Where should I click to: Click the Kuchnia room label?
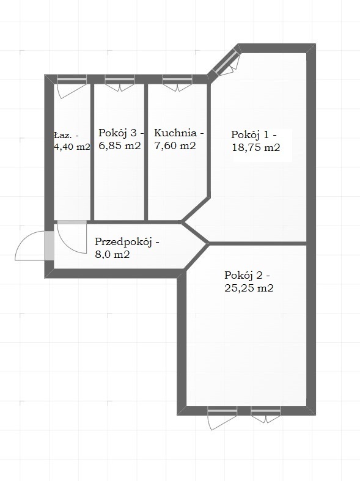[x=175, y=133]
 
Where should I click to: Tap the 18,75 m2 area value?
[x=255, y=147]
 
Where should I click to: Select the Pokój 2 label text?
[x=243, y=276]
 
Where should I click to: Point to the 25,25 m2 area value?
[x=249, y=288]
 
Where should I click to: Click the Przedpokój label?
[x=123, y=242]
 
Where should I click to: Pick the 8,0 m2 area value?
[x=112, y=254]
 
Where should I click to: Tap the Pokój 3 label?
[x=118, y=133]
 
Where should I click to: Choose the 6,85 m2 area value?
[x=120, y=145]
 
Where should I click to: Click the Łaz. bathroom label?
[x=64, y=135]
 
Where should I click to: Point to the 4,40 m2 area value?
[x=72, y=147]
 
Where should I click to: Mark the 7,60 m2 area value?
[x=175, y=145]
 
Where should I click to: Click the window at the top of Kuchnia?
[x=177, y=79]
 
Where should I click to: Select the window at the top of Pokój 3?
[x=120, y=79]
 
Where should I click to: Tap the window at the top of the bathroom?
[x=72, y=79]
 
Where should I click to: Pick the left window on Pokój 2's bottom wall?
[x=222, y=411]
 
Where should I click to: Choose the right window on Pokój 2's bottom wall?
[x=265, y=411]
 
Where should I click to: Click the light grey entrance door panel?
[x=49, y=246]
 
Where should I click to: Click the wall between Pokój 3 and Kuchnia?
[x=146, y=152]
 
